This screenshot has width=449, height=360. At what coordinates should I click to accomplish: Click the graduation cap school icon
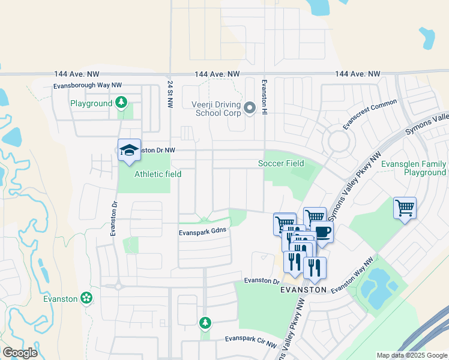(x=129, y=150)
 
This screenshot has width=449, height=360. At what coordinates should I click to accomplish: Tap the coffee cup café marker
(x=323, y=232)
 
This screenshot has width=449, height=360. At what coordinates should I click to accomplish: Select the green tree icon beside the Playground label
(x=122, y=103)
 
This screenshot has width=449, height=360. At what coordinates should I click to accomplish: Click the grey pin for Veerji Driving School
(x=250, y=108)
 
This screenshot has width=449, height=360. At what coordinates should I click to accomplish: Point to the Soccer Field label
(x=281, y=163)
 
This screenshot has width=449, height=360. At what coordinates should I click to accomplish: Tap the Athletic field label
(x=157, y=174)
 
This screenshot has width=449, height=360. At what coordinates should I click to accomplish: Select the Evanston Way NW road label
(x=352, y=275)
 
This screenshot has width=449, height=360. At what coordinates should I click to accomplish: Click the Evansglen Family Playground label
(x=416, y=168)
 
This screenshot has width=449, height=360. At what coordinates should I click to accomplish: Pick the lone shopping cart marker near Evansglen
(x=405, y=209)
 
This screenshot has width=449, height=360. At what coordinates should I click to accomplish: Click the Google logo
(x=20, y=352)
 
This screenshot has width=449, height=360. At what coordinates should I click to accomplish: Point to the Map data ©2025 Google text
(x=412, y=355)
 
